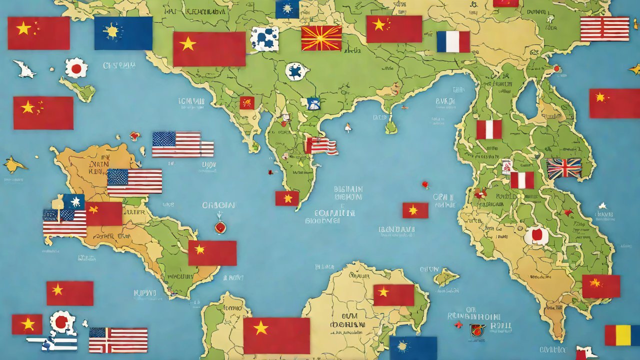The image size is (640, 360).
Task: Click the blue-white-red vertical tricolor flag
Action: point(453,41)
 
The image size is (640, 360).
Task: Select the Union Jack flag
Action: point(564,168)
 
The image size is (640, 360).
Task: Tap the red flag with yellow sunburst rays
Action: point(321,38)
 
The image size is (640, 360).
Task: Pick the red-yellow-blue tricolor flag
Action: point(622,335)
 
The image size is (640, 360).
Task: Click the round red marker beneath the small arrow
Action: point(220,227)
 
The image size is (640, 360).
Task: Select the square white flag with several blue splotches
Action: point(264,39)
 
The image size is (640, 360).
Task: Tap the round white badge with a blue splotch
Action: point(295,71)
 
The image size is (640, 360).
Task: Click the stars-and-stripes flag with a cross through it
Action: point(118,340)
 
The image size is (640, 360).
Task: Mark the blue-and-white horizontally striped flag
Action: point(55,343)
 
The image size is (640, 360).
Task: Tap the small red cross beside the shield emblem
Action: point(458,325)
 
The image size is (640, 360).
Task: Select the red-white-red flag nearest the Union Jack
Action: point(522,180)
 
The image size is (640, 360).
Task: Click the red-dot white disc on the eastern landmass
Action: point(536,234)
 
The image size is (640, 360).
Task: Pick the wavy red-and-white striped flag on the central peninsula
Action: point(321,145)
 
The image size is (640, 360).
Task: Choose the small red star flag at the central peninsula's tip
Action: point(287,198)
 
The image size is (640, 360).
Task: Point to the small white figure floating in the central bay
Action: point(348,127)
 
